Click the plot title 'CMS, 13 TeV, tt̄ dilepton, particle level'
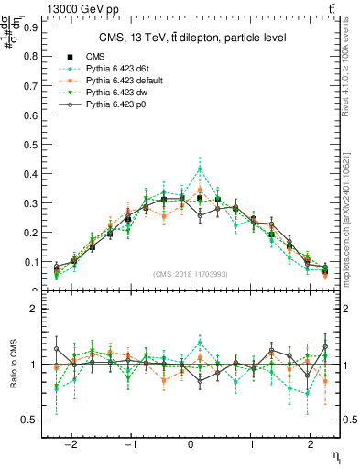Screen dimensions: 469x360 192,38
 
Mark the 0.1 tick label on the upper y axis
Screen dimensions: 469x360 33,262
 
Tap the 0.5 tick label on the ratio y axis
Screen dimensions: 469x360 33,420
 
